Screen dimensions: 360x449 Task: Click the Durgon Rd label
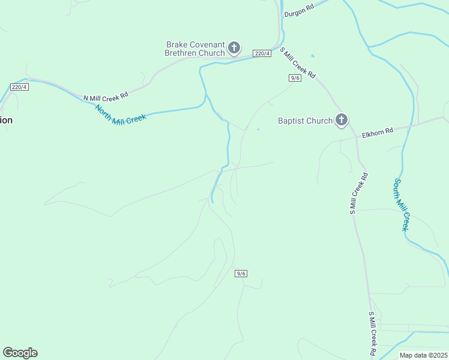pyautogui.click(x=300, y=13)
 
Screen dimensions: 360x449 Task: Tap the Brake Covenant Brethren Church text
pyautogui.click(x=196, y=48)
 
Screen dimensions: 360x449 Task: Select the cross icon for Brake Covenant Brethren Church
pyautogui.click(x=235, y=47)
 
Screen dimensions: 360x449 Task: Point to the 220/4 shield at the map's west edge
pyautogui.click(x=19, y=87)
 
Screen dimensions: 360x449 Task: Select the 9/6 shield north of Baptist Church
pyautogui.click(x=295, y=78)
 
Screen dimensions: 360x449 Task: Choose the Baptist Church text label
pyautogui.click(x=305, y=121)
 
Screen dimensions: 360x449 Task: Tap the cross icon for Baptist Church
pyautogui.click(x=342, y=121)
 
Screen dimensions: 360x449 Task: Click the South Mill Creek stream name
pyautogui.click(x=401, y=205)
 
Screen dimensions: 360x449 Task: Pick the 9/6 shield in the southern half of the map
pyautogui.click(x=241, y=274)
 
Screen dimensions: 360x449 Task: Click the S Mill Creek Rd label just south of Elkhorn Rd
pyautogui.click(x=358, y=193)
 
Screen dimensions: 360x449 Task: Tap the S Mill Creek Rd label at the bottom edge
pyautogui.click(x=372, y=333)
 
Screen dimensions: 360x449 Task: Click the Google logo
pyautogui.click(x=20, y=353)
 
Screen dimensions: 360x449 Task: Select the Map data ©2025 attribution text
pyautogui.click(x=423, y=355)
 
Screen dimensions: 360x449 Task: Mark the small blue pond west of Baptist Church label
pyautogui.click(x=258, y=129)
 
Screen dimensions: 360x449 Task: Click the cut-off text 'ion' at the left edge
pyautogui.click(x=6, y=120)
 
